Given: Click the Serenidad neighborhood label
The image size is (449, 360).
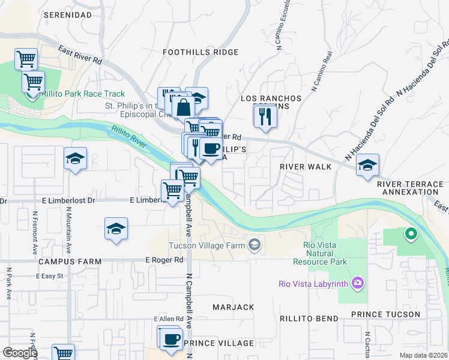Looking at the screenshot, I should pos(68,14).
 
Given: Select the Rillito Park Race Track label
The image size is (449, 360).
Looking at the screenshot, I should pos(83,94).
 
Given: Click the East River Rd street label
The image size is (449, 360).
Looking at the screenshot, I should pos(81,56).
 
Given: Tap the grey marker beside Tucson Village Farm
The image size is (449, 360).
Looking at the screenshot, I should pos(255,244).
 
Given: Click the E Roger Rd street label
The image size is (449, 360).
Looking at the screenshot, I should pos(164,260).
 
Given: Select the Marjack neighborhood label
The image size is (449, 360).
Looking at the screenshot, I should pos(233,307).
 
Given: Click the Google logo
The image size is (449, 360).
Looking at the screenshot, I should pos(19,353).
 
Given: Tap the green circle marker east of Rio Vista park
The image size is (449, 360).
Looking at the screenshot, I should pos(411,233).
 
